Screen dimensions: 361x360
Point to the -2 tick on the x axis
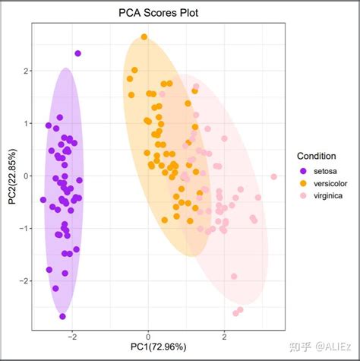coord(73,335)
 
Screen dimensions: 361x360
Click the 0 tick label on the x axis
coord(149,335)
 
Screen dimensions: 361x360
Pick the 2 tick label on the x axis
coord(225,335)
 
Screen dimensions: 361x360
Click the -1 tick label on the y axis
coord(23,229)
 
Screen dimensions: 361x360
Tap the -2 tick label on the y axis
coord(23,281)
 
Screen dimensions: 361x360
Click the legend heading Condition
coord(317,156)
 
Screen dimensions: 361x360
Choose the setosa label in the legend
coord(324,170)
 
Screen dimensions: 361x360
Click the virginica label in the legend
coord(328,196)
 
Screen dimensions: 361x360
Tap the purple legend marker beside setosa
coord(304,170)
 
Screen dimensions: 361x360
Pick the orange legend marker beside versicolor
coord(304,183)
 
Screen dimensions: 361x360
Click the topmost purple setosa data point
coord(78,53)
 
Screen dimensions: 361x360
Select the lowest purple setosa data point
coord(62,316)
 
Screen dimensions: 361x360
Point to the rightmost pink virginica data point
coord(273,177)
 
